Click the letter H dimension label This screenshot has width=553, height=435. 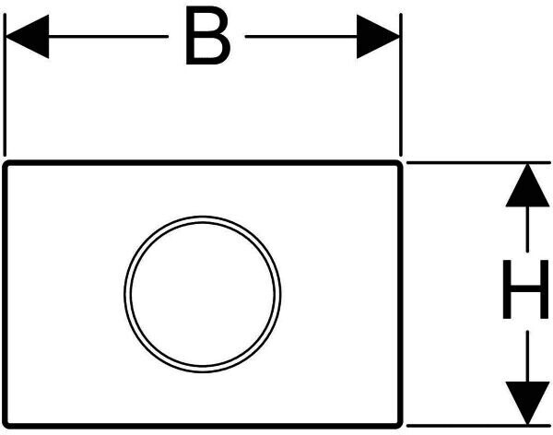click(x=524, y=289)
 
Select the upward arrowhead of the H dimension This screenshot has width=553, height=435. click(x=525, y=183)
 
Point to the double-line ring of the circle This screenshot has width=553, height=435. click(x=202, y=218)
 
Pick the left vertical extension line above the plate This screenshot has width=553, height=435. click(x=6, y=92)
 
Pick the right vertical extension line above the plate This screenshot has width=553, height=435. click(x=401, y=92)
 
